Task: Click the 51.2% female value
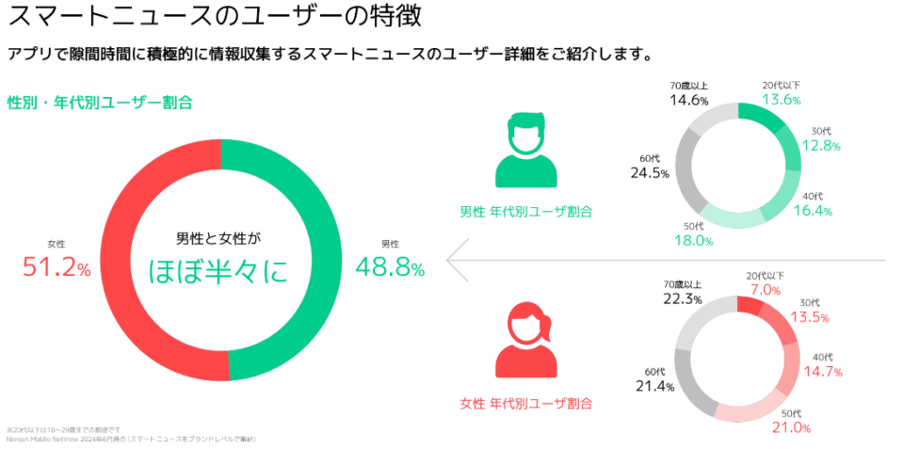click(x=56, y=268)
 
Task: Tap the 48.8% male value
click(x=389, y=268)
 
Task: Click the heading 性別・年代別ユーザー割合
click(x=100, y=103)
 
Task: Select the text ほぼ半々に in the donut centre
click(x=218, y=271)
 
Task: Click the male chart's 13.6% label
click(x=782, y=101)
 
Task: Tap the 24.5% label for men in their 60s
click(x=650, y=173)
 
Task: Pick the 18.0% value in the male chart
click(x=693, y=240)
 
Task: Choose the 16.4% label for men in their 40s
click(x=812, y=211)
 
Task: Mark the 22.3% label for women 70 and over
click(x=683, y=299)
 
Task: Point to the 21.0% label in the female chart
click(x=791, y=428)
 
